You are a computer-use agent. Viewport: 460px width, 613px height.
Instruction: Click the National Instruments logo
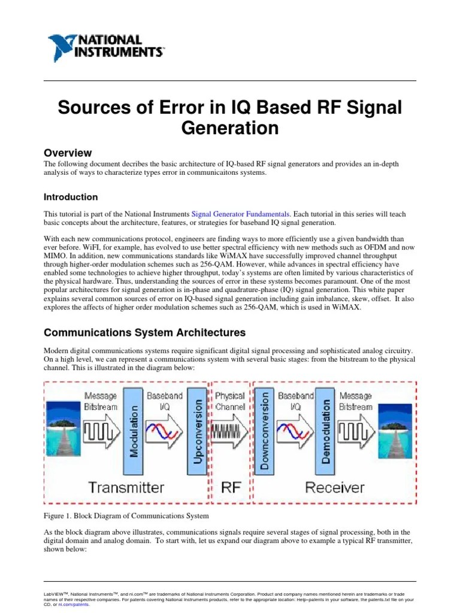pos(105,45)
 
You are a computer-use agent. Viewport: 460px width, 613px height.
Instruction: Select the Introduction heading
pos(71,197)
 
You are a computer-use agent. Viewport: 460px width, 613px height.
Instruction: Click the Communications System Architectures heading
pos(145,332)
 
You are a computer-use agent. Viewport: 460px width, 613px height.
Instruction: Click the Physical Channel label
pos(231,400)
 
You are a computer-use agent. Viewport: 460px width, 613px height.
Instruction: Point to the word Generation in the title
pos(230,128)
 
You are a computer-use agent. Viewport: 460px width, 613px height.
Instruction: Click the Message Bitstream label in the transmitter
pos(101,400)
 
